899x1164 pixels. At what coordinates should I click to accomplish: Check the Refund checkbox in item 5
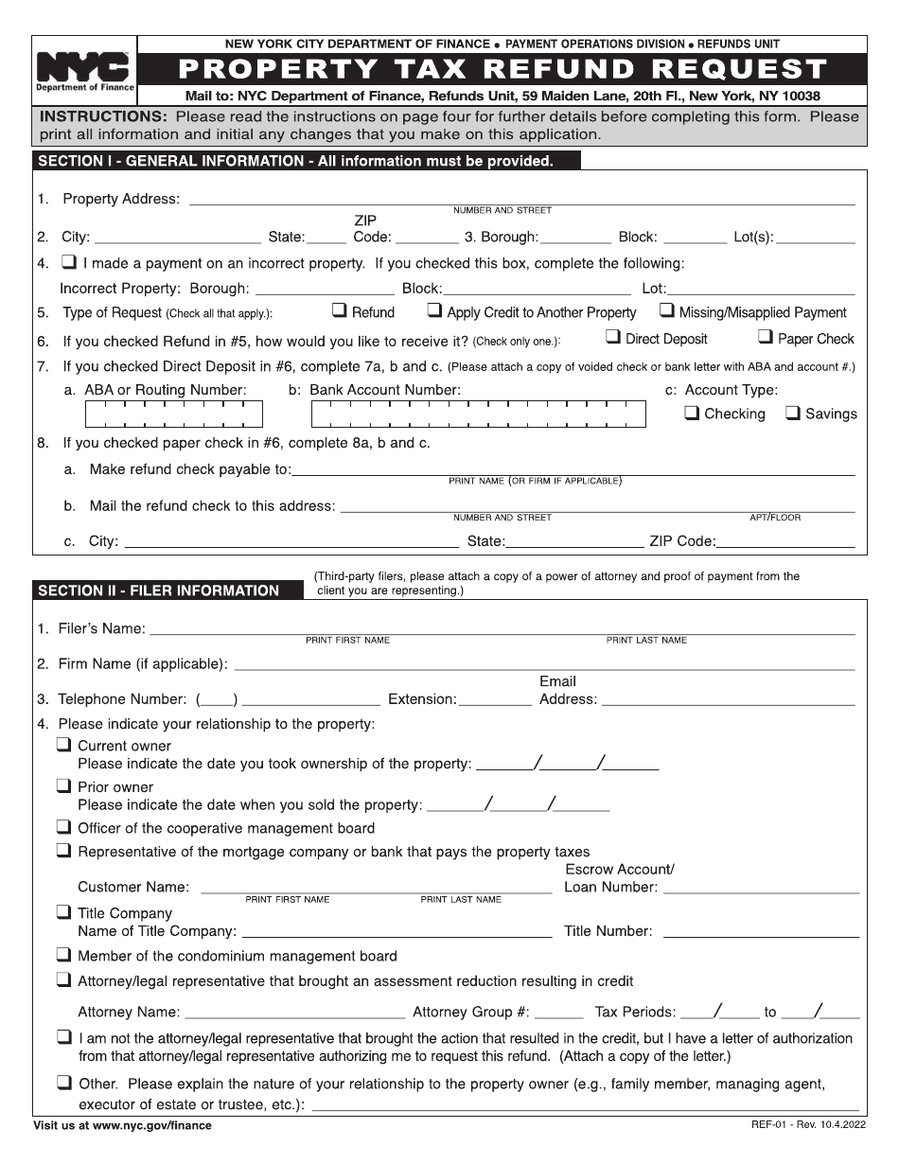pos(339,310)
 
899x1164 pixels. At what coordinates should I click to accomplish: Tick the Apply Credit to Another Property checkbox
pos(434,310)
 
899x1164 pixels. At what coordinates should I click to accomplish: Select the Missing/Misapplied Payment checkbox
pos(667,310)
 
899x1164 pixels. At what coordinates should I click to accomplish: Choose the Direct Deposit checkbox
pos(613,337)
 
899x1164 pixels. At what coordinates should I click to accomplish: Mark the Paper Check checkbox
pos(766,337)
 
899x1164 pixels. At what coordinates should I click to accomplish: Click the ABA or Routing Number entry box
pos(174,414)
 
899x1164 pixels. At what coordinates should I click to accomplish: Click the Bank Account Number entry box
pos(478,414)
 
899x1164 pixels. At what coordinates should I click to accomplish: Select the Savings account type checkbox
pos(793,413)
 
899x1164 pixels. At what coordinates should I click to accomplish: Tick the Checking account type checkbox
pos(692,413)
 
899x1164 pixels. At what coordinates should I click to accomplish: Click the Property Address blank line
pos(521,199)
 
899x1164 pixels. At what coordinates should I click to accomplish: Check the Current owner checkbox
pos(64,745)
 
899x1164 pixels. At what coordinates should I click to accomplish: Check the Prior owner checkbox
pos(64,785)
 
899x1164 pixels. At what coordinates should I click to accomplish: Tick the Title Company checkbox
pos(64,912)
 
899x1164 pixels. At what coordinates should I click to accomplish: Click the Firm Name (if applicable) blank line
pos(544,664)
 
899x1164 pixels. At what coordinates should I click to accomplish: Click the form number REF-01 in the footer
pos(767,1124)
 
